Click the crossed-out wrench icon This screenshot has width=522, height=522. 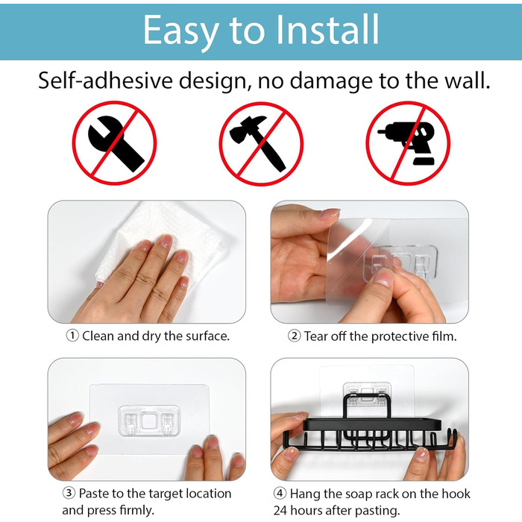click(x=114, y=143)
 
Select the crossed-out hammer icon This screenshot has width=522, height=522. click(x=261, y=143)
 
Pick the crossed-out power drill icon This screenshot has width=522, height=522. click(x=408, y=143)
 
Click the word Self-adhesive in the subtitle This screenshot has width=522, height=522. click(x=105, y=81)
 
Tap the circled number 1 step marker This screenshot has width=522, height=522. click(x=72, y=336)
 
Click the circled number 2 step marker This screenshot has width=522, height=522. click(x=295, y=336)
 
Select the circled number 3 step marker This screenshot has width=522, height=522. click(x=69, y=493)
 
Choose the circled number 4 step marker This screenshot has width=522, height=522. click(x=280, y=493)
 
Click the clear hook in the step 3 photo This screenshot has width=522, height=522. click(x=149, y=421)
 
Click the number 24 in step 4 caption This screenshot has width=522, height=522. click(x=280, y=510)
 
